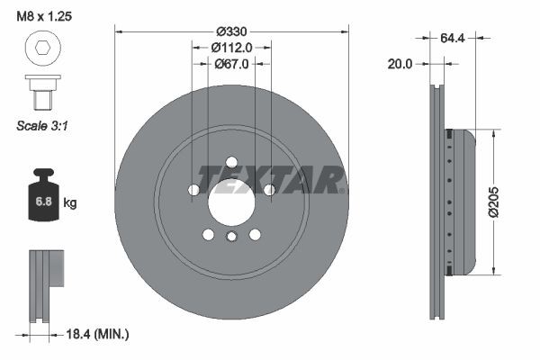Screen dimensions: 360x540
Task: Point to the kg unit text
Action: pyautogui.click(x=69, y=203)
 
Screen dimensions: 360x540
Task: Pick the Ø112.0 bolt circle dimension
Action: pyautogui.click(x=231, y=48)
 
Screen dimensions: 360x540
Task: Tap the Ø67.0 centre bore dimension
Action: pyautogui.click(x=231, y=64)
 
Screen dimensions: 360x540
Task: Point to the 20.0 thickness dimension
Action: pyautogui.click(x=400, y=65)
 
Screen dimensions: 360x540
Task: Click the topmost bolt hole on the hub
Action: pyautogui.click(x=231, y=163)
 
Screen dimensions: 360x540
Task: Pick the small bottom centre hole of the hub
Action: pyautogui.click(x=231, y=237)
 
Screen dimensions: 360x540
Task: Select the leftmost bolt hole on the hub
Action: pyautogui.click(x=193, y=190)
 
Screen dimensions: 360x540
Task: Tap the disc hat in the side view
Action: pyautogui.click(x=461, y=202)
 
